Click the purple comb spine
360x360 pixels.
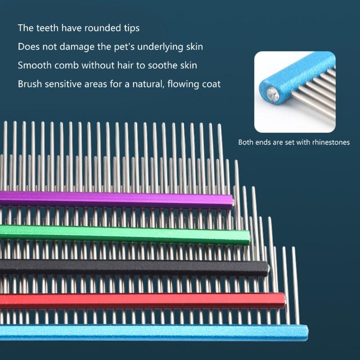pyautogui.click(x=112, y=198)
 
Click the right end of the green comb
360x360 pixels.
pyautogui.click(x=247, y=237)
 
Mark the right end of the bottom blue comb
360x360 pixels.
pyautogui.click(x=306, y=333)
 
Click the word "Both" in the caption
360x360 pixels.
pyautogui.click(x=247, y=143)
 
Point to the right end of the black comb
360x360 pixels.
pyautogui.click(x=266, y=268)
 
